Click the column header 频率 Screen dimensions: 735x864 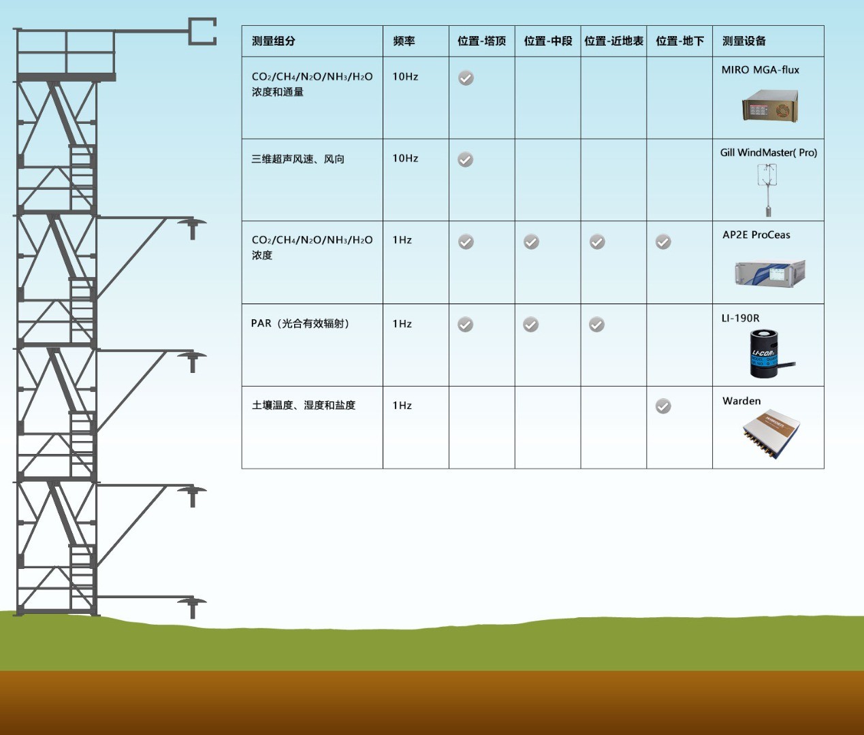pos(404,41)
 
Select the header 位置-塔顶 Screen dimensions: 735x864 pos(481,41)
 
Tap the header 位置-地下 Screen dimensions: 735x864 pos(679,41)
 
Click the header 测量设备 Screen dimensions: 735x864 pos(743,41)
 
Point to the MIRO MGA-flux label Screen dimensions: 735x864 pos(760,69)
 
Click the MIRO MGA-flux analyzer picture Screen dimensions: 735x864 pos(770,107)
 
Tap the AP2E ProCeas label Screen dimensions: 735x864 pos(756,235)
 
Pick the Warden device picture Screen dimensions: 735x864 pos(771,433)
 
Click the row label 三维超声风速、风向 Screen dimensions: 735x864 pos(298,159)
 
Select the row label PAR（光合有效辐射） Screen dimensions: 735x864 pos(300,323)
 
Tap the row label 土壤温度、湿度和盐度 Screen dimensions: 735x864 pos(303,405)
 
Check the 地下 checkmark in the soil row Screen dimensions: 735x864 pos(663,406)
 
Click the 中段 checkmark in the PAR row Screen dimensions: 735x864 pos(531,325)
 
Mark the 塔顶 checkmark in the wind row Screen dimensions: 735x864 pos(465,160)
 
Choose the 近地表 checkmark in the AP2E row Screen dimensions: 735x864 pos(597,242)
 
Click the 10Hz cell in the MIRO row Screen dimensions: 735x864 pos(405,76)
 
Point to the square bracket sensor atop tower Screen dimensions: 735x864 pos(202,32)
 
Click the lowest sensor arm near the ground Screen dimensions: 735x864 pos(191,604)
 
